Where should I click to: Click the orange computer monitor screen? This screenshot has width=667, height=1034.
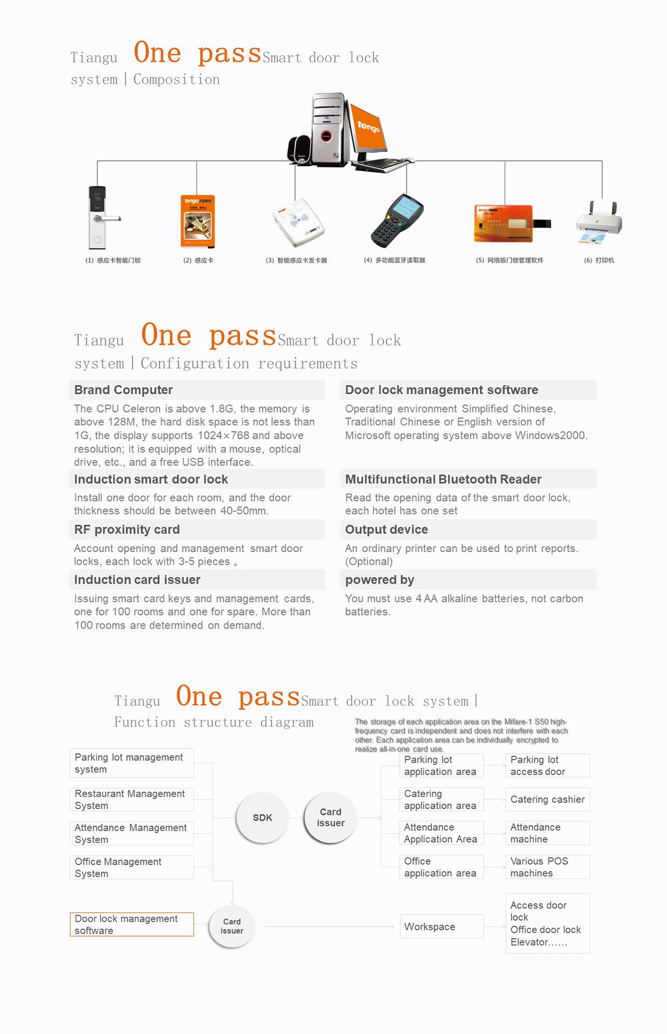pos(367,127)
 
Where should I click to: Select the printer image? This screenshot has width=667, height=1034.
pos(599,223)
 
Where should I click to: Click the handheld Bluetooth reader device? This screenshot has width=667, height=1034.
pos(397,220)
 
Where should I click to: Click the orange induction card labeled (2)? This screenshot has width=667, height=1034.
pos(198,221)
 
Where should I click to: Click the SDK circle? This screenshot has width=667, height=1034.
pos(262,818)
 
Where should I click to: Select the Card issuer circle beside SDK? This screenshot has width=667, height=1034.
pos(330,818)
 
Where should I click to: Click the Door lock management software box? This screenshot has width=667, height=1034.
pos(132,924)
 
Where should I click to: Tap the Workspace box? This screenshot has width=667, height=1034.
pos(441,927)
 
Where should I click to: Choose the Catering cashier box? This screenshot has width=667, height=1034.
pos(547,799)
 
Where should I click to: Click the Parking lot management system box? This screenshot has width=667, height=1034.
pos(132,763)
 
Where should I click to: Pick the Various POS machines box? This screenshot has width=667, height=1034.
pos(547,867)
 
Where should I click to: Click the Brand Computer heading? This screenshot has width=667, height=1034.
pos(123,390)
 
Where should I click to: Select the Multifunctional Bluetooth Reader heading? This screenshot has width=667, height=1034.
pos(443,479)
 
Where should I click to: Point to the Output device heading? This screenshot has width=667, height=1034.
pos(386,530)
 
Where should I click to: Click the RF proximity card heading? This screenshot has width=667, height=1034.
pos(127,530)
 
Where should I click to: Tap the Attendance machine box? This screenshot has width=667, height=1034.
pos(547,833)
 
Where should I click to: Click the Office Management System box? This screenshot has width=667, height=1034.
pos(132,867)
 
